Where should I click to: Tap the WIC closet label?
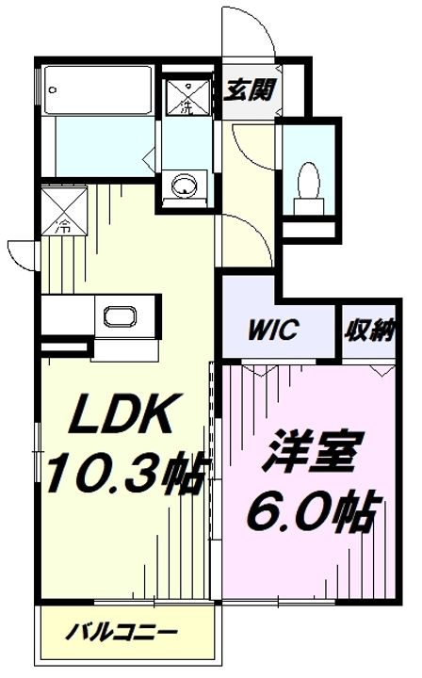273,331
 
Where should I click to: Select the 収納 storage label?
368,331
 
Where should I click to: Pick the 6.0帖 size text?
312,512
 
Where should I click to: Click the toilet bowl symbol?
306,178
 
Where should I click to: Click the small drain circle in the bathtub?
53,90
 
